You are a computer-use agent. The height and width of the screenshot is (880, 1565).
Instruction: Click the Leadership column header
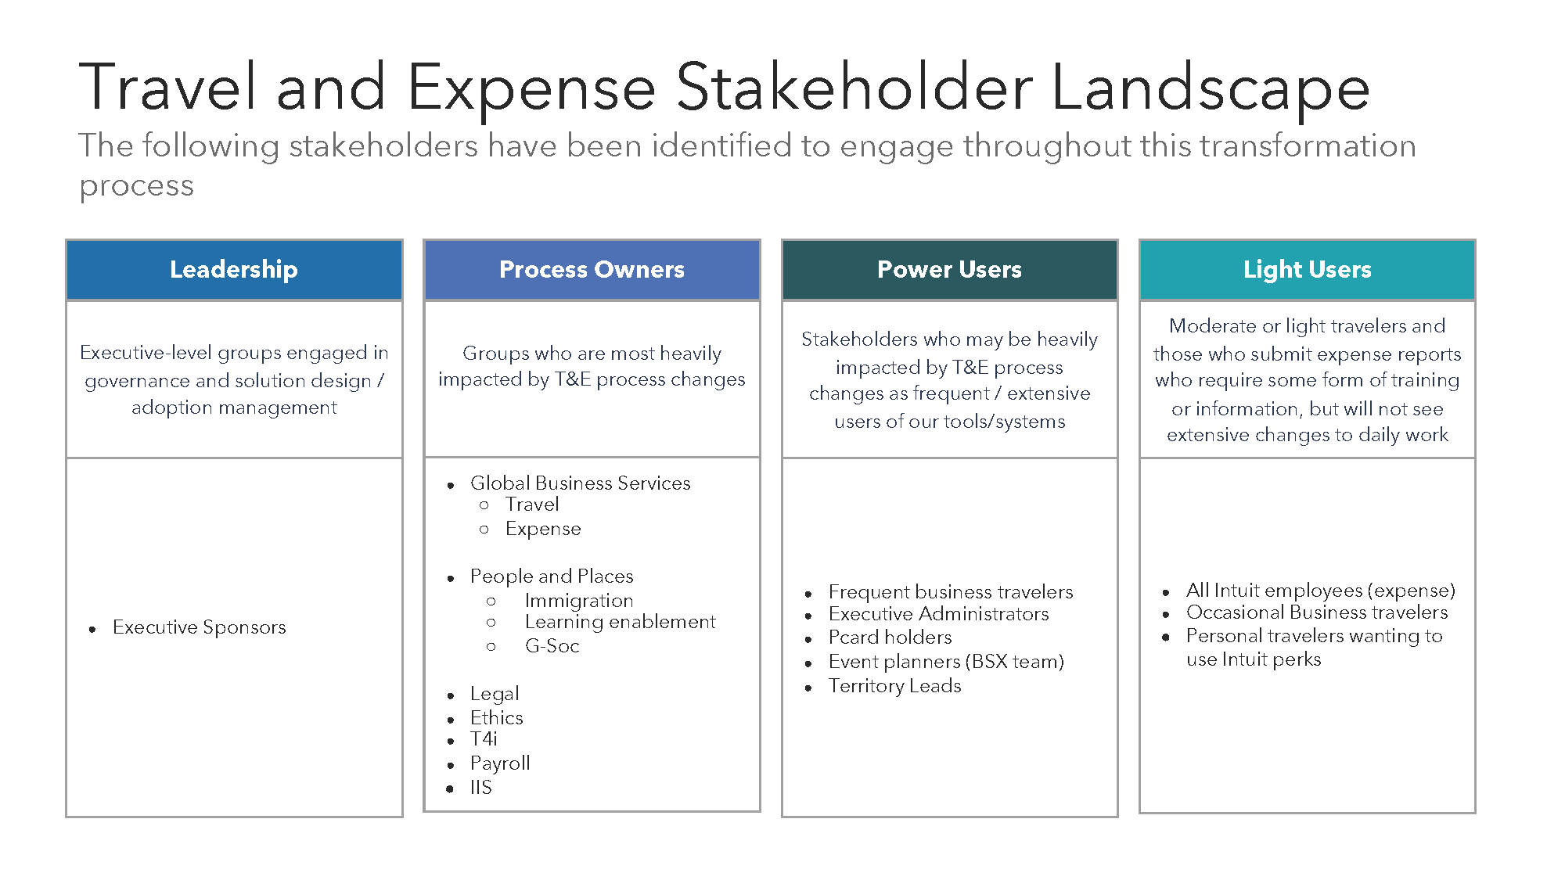click(233, 269)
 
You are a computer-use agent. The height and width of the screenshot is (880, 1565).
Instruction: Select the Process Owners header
click(592, 269)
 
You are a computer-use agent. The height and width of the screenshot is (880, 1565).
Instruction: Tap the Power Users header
click(949, 269)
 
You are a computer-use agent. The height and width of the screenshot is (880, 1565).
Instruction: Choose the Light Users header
click(1307, 269)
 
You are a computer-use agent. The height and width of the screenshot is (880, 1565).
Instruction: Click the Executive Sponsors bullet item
click(199, 627)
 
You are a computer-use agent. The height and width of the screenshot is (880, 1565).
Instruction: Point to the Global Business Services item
click(580, 483)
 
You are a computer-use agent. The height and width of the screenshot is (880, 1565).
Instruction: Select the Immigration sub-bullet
click(578, 600)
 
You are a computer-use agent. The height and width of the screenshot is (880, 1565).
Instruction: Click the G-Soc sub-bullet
click(552, 646)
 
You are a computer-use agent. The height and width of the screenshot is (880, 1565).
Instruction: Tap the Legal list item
click(494, 694)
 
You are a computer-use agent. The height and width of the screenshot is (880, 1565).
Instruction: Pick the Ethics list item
click(496, 717)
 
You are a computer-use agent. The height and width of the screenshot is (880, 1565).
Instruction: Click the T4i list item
click(484, 739)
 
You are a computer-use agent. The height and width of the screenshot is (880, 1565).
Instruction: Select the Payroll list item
click(500, 763)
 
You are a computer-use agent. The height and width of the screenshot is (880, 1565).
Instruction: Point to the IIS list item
click(480, 787)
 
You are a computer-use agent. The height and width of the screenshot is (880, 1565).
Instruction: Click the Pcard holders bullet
click(890, 638)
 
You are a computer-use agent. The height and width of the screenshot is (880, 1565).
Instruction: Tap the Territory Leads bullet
click(894, 686)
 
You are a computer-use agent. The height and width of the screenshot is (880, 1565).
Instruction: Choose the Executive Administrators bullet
click(938, 614)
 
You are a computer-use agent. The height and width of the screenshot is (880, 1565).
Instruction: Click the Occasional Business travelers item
click(1316, 612)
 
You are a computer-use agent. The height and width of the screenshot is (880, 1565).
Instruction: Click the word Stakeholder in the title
click(854, 88)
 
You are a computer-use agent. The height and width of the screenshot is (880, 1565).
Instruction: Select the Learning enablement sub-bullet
click(620, 622)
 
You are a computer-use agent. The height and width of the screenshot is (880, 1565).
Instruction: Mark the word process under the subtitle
click(136, 186)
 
